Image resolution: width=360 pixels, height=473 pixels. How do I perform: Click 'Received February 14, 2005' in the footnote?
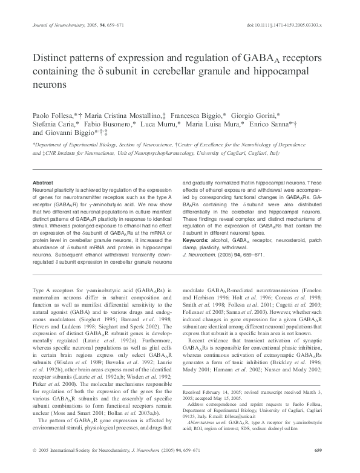pyautogui.click(x=212, y=376)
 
